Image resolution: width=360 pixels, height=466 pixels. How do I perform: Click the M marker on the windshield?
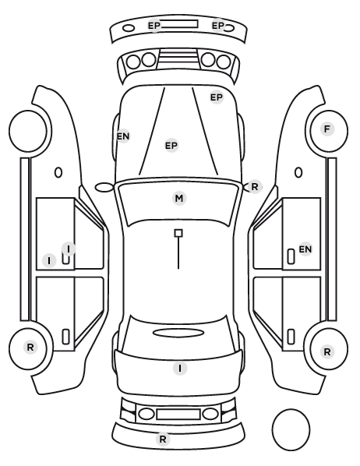click(x=179, y=198)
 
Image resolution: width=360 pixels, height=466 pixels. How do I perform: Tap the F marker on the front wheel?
click(x=327, y=129)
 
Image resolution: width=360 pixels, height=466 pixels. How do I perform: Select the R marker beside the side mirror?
click(x=255, y=187)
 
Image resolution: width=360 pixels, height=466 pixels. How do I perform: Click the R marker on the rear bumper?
click(x=163, y=439)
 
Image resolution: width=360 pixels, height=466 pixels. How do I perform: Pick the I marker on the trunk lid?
click(x=180, y=369)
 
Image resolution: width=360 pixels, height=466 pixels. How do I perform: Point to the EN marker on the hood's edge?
click(x=123, y=136)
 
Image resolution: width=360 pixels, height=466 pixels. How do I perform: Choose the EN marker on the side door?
click(x=305, y=249)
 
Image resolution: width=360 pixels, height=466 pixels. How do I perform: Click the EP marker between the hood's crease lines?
click(x=171, y=146)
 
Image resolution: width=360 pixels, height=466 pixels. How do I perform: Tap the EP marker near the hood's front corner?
click(x=217, y=97)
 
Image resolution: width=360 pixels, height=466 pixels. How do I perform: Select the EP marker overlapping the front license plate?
click(x=154, y=26)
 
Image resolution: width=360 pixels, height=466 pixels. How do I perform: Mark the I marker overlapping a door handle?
click(x=69, y=249)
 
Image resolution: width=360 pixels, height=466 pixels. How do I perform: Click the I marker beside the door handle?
click(x=49, y=261)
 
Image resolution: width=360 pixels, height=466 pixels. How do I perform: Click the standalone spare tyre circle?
click(x=291, y=429)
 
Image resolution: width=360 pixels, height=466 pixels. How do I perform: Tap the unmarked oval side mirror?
click(x=104, y=188)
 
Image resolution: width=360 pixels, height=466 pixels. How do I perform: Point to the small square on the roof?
click(x=178, y=233)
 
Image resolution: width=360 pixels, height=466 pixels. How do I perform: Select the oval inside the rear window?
click(x=178, y=333)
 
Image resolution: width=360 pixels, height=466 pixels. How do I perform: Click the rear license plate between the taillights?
click(x=178, y=415)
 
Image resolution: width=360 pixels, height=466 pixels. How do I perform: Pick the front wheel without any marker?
click(x=28, y=131)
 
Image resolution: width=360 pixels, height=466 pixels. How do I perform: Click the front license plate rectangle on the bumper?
click(x=179, y=24)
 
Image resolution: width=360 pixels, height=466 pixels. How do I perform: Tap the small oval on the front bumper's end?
click(x=129, y=28)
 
